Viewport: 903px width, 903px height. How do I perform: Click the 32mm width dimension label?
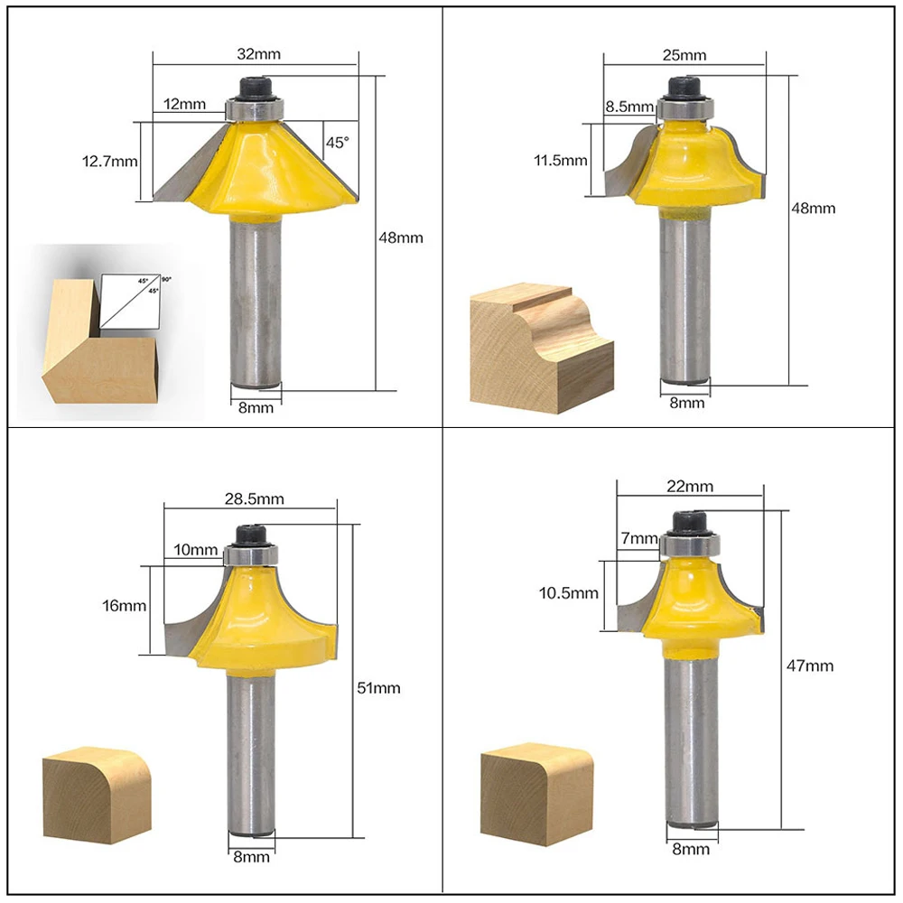coord(258,54)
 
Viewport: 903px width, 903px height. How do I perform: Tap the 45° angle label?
coord(338,143)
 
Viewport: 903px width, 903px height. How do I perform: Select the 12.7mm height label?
coord(110,162)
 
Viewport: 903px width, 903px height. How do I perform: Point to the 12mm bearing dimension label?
coord(184,104)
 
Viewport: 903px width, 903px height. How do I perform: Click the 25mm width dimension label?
coord(684,55)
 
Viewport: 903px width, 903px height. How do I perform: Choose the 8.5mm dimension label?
coord(629,107)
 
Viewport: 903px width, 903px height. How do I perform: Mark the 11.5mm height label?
coord(561,160)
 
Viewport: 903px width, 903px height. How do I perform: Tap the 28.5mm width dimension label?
coord(254,498)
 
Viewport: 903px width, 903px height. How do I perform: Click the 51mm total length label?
coord(378,687)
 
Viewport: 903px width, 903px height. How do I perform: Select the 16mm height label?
coord(124,606)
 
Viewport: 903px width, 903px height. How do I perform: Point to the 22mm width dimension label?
coord(690,487)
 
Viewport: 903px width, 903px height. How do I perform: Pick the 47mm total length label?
coord(810,666)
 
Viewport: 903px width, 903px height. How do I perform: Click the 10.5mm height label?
coord(568,592)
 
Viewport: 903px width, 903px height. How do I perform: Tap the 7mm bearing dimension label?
coord(639,538)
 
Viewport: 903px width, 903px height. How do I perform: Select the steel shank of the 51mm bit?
coord(251,751)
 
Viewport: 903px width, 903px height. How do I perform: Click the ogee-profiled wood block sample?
coord(542,348)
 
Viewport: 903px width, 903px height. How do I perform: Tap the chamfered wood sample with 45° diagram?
coord(101,340)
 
